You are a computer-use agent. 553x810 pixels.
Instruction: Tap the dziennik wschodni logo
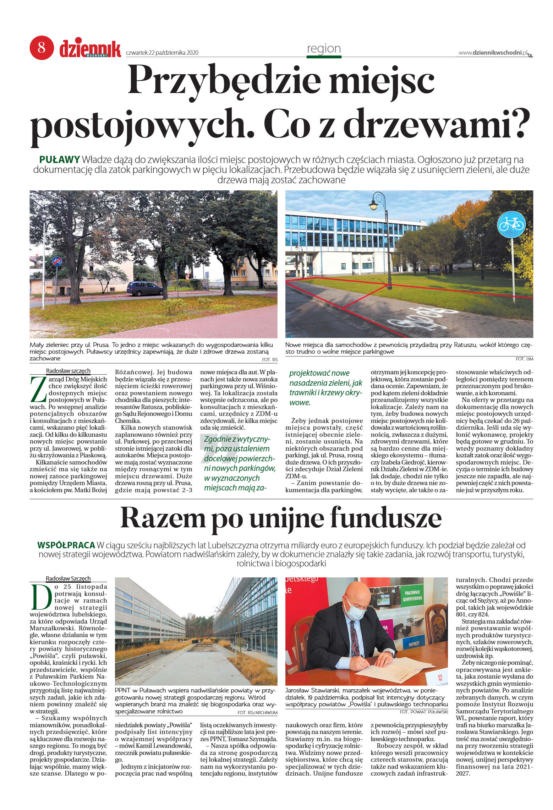tap(90, 49)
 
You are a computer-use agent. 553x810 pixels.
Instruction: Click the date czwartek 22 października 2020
tap(162, 53)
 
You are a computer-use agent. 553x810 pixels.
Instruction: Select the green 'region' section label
tap(324, 49)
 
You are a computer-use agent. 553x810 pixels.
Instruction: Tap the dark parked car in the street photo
tap(144, 288)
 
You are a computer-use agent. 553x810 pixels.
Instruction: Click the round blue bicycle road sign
tap(511, 224)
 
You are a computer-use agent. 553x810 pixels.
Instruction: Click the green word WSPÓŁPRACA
tap(66, 545)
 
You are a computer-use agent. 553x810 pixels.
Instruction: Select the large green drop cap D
tap(40, 597)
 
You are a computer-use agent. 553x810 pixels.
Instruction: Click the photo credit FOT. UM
tap(524, 359)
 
